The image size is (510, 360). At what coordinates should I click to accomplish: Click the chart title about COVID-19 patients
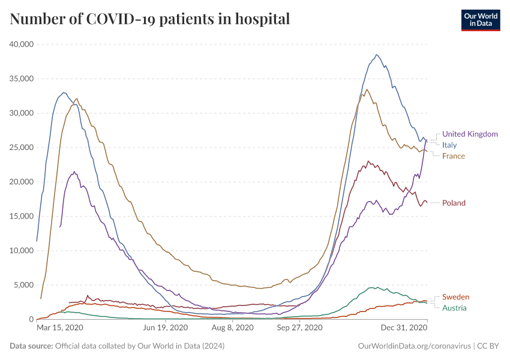tap(150, 19)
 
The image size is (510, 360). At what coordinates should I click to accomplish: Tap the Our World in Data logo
tap(480, 20)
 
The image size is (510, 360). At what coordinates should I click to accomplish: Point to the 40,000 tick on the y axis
tap(22, 44)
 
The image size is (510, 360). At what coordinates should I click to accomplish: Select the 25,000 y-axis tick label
tap(22, 148)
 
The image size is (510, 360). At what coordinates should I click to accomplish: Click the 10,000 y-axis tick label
tap(22, 251)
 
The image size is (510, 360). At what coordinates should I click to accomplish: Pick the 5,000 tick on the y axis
tap(25, 285)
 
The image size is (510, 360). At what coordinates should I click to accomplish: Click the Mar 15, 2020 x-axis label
tap(60, 328)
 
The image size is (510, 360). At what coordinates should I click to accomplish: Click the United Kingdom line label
tap(470, 134)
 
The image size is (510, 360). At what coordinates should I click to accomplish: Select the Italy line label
tap(449, 145)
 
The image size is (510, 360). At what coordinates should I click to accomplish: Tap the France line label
tap(453, 156)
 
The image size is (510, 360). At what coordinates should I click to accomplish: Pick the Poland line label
tap(454, 203)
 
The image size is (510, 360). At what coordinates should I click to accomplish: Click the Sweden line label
tap(455, 297)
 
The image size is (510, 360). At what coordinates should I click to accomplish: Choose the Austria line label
tap(454, 308)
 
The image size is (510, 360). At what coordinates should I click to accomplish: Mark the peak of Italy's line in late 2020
tap(376, 55)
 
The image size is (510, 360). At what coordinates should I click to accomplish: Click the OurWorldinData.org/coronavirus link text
tap(413, 346)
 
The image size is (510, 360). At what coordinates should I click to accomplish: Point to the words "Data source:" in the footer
tap(31, 346)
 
